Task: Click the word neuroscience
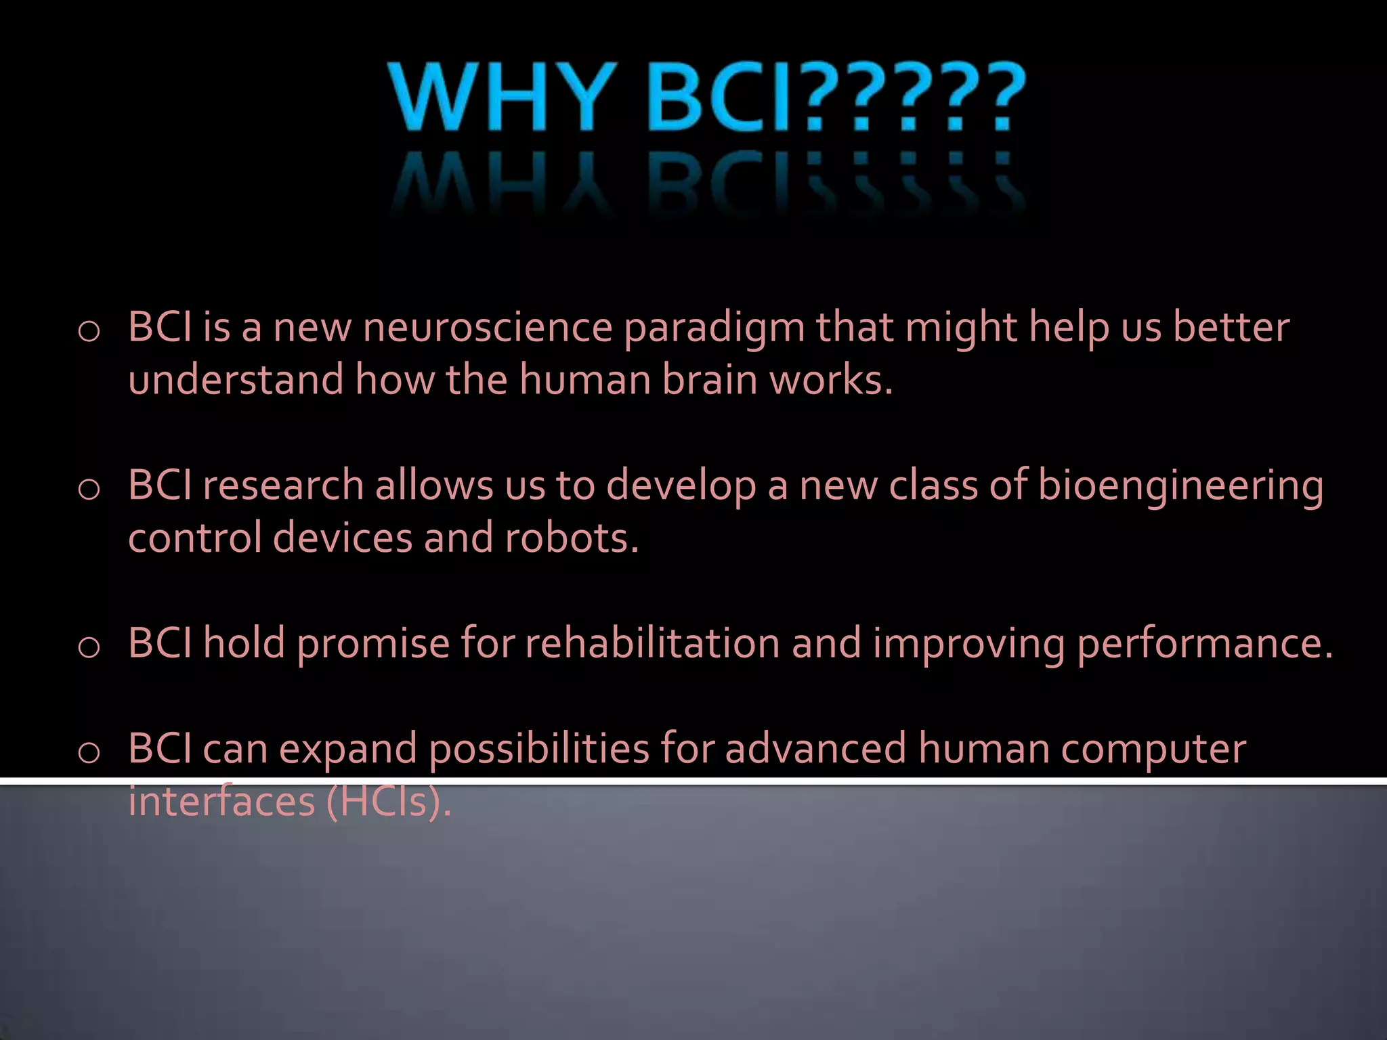point(488,328)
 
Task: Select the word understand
point(236,379)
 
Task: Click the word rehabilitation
point(652,643)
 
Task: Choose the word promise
point(373,645)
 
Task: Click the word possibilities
point(540,750)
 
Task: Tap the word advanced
point(815,749)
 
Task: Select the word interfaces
point(222,802)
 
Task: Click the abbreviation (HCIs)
point(388,802)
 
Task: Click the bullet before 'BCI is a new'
point(89,332)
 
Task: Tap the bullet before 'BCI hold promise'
point(89,648)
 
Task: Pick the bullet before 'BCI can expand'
point(89,753)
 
